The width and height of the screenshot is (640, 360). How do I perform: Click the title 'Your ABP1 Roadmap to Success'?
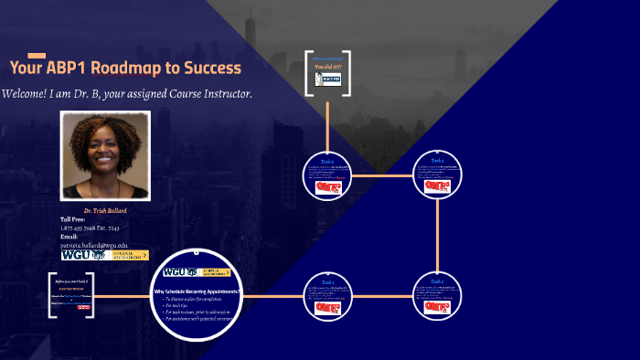[125, 69]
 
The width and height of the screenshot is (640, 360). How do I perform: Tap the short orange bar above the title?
[37, 56]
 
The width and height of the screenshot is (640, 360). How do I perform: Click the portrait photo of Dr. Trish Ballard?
[104, 155]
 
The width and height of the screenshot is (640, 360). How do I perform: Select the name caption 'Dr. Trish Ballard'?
[105, 211]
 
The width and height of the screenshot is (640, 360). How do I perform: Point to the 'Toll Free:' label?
[73, 219]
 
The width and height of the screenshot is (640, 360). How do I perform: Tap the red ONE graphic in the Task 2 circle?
[438, 308]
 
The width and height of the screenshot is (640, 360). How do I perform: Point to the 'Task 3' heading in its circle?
[438, 160]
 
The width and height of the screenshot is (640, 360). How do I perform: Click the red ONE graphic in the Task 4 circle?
[327, 187]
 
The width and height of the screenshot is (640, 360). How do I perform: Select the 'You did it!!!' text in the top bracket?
[327, 67]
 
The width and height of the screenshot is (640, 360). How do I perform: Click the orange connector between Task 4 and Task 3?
[382, 175]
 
